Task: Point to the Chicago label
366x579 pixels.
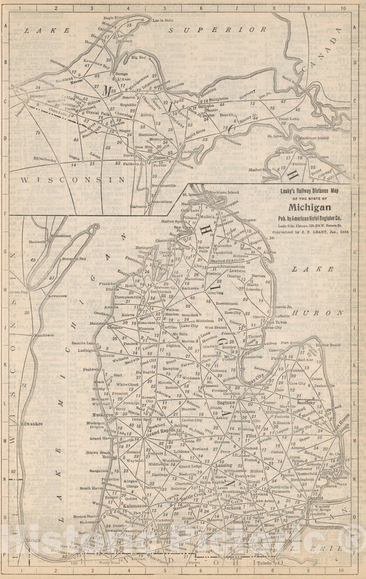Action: point(32,541)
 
